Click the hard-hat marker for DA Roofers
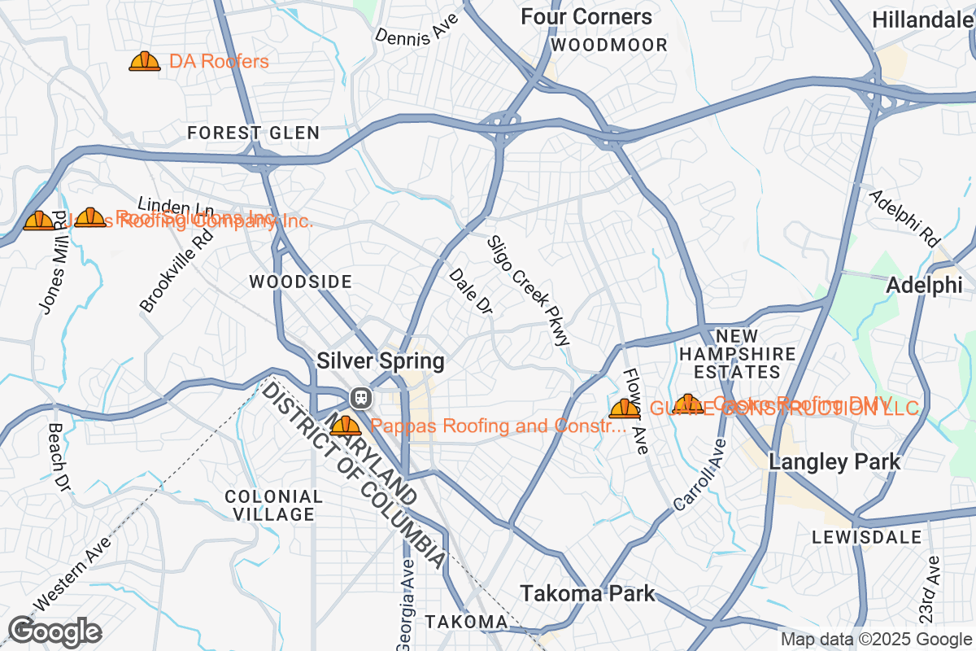tap(145, 62)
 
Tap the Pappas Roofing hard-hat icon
tap(345, 426)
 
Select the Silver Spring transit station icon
tap(360, 398)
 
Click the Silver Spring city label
tap(381, 360)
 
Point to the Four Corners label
tap(586, 17)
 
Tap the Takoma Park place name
tap(587, 593)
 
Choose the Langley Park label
tap(834, 462)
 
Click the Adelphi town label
tap(924, 285)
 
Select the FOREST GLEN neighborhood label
tap(253, 133)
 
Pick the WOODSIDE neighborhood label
tap(300, 282)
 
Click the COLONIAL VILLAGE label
tap(273, 505)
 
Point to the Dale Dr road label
tap(471, 292)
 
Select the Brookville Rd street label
tap(176, 270)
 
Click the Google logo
tap(54, 631)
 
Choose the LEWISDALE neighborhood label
tap(866, 537)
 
